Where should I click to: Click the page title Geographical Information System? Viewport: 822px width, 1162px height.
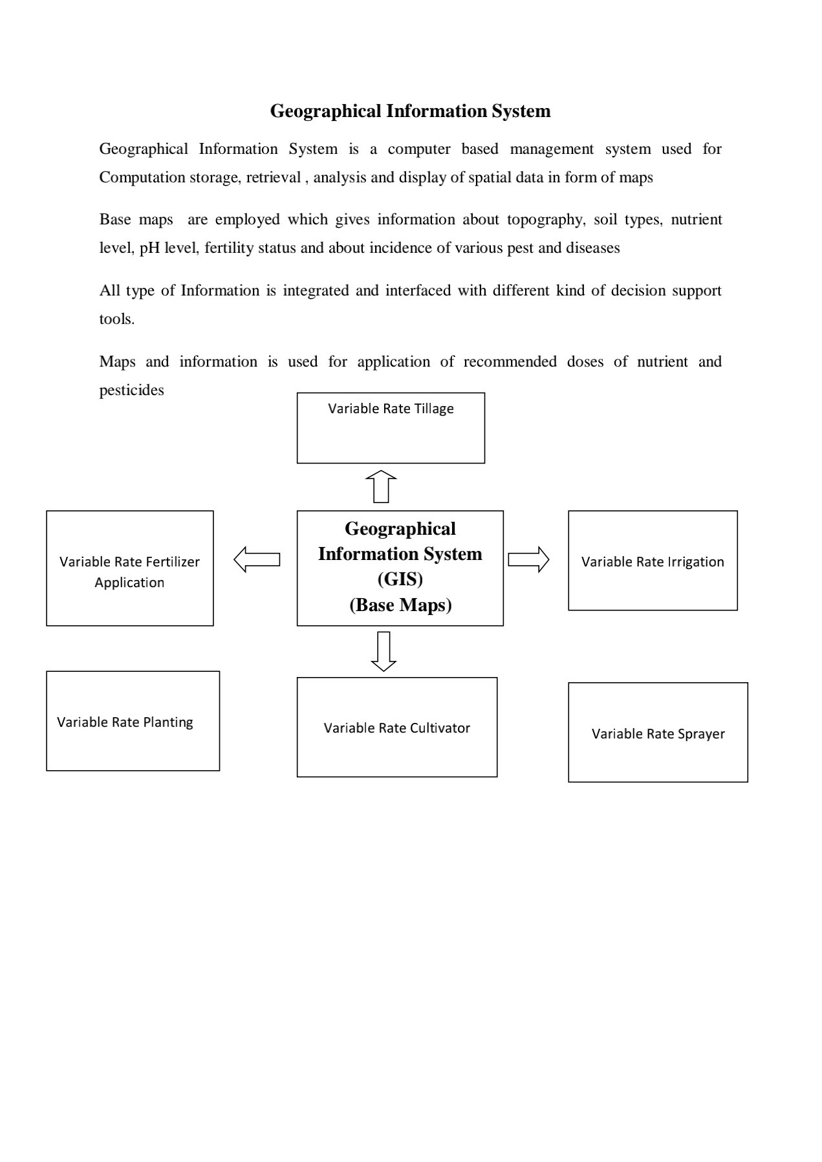pos(410,111)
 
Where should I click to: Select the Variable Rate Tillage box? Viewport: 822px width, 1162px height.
pos(391,427)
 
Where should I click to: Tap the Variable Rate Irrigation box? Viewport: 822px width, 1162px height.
pos(653,561)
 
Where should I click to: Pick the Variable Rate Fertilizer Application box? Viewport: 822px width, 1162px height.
pos(130,568)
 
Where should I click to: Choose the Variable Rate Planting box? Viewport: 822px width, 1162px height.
pos(133,721)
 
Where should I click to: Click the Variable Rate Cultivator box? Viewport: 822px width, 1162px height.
pos(396,727)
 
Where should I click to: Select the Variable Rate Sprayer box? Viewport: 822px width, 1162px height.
pos(658,733)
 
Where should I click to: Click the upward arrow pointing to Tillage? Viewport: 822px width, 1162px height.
pos(381,486)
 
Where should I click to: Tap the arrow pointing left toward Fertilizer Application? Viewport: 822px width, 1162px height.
pos(257,559)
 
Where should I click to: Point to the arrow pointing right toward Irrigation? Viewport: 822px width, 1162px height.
pos(528,559)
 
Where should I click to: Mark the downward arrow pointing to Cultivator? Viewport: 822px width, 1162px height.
pos(384,651)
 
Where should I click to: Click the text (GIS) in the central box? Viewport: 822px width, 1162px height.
pos(400,579)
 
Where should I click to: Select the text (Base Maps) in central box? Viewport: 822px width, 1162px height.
pos(400,605)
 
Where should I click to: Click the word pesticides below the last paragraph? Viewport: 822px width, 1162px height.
pos(131,390)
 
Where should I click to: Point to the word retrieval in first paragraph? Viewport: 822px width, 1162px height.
pos(273,178)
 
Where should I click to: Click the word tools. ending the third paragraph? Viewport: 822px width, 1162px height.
pos(117,319)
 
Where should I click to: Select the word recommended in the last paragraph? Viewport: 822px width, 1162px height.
pos(510,361)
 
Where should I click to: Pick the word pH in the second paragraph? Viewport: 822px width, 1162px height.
pos(149,248)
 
